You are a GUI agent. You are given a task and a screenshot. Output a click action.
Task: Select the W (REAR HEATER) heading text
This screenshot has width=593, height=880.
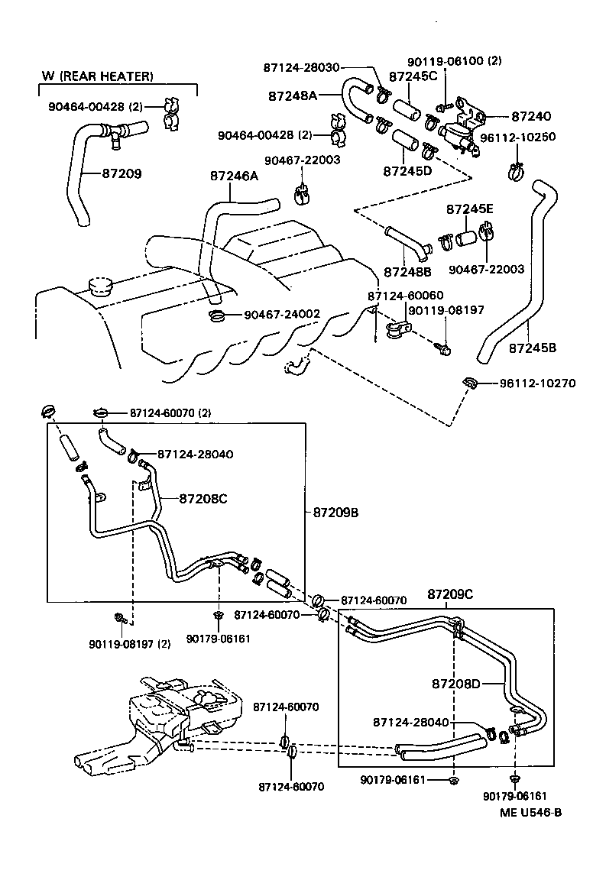coord(98,76)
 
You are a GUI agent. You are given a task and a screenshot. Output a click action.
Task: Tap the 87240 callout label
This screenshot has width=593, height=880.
coord(530,117)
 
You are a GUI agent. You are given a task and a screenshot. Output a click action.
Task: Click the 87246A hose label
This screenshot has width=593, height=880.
coord(234,176)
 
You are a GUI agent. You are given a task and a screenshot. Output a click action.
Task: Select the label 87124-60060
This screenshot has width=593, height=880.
coord(405,296)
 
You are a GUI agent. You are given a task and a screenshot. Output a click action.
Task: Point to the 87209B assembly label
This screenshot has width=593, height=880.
coord(335,513)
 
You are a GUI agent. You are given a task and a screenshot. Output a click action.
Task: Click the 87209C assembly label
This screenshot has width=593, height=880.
coord(451,594)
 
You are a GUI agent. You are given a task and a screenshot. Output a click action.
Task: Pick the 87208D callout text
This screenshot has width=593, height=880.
coord(454,683)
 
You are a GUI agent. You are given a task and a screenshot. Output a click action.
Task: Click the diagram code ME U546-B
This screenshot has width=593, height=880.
coord(530,812)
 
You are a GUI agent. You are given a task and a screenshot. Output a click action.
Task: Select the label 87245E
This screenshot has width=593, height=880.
coord(470,209)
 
